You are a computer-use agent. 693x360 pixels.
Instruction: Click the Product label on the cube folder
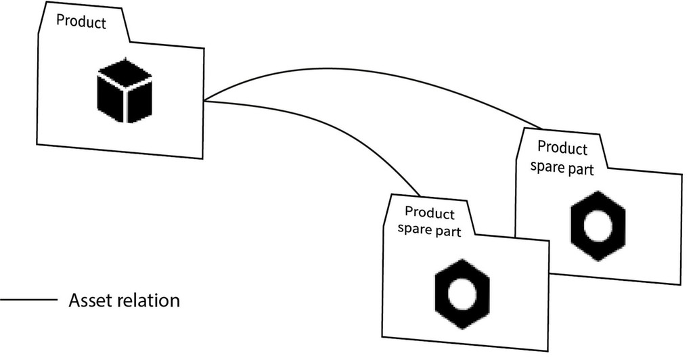click(x=81, y=22)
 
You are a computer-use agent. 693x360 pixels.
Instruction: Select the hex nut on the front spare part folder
click(x=462, y=294)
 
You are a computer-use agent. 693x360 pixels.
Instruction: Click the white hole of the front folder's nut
click(x=462, y=294)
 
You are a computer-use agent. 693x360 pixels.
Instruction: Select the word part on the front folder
click(x=449, y=231)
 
